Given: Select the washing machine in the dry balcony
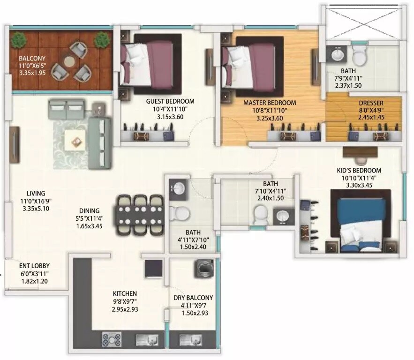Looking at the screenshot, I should click(203, 270).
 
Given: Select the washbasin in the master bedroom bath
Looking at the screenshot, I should click(337, 55).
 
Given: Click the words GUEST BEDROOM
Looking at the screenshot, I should click(170, 101).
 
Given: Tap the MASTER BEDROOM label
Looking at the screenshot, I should click(269, 103).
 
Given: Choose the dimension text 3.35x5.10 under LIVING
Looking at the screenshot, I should click(36, 209).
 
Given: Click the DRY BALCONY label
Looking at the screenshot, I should click(193, 298).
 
